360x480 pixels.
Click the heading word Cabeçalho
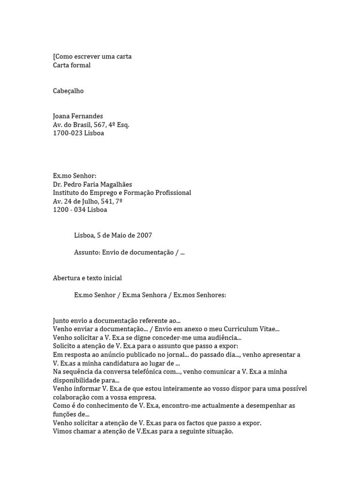pyautogui.click(x=68, y=91)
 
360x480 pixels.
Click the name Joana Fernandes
pyautogui.click(x=78, y=116)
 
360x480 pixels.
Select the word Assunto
pyautogui.click(x=87, y=252)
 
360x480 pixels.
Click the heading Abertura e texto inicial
pyautogui.click(x=87, y=278)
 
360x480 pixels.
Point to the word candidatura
pyautogui.click(x=124, y=363)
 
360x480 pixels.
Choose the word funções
pyautogui.click(x=65, y=414)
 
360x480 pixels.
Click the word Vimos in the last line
pyautogui.click(x=62, y=431)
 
